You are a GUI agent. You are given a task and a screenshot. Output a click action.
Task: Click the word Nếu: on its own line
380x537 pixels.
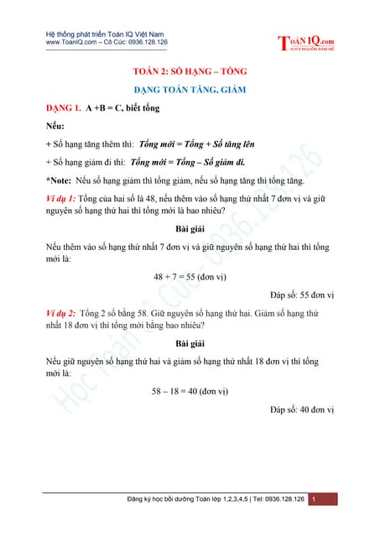pos(56,126)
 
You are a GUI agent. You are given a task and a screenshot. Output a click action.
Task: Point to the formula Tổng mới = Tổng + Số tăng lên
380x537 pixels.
pos(199,143)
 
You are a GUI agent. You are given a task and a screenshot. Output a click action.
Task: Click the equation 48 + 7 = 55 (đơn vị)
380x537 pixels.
pos(190,276)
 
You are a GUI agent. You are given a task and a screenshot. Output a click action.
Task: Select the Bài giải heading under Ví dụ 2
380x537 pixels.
pos(190,344)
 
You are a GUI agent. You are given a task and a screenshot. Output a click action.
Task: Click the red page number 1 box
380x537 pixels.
pos(313,500)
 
